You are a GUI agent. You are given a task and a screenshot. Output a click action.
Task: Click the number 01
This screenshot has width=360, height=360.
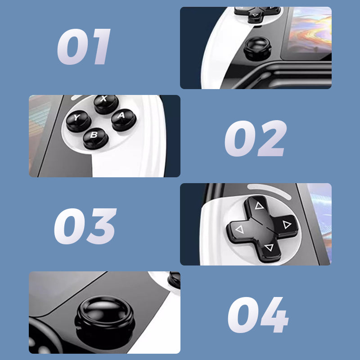84,47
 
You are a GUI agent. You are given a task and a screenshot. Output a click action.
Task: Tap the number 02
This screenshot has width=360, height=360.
256,138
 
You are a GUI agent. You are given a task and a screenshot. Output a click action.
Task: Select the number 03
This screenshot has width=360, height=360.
85,226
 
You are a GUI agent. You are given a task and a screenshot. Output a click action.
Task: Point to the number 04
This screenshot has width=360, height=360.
258,315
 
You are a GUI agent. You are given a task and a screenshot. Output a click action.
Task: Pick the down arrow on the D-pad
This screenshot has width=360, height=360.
269,247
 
